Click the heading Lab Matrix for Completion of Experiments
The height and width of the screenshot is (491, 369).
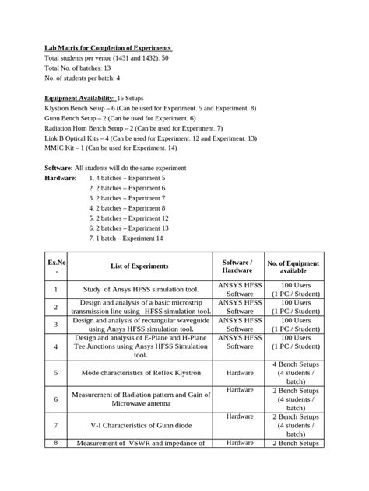(108, 48)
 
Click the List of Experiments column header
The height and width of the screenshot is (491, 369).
(139, 266)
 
